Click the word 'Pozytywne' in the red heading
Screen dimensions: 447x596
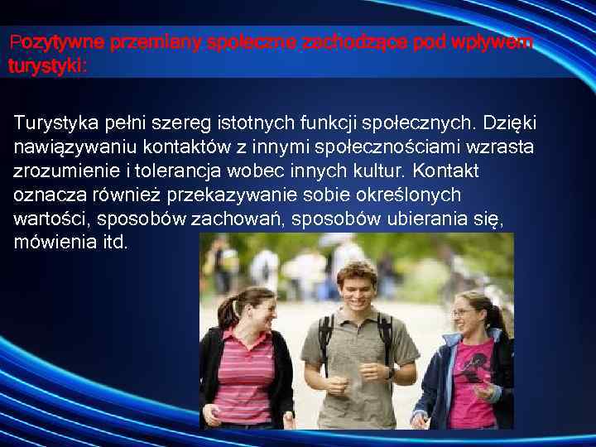(45, 41)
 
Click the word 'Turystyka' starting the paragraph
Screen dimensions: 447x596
(53, 123)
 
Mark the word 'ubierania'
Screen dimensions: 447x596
(416, 219)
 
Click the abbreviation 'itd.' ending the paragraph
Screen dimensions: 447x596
(113, 243)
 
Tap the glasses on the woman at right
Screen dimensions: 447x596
(464, 313)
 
